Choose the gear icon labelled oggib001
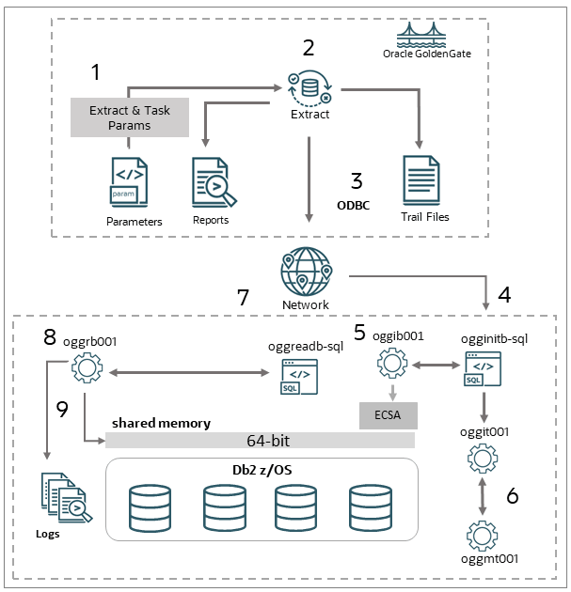click(x=389, y=363)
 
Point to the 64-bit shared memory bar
click(x=260, y=441)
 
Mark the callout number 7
click(x=243, y=298)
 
